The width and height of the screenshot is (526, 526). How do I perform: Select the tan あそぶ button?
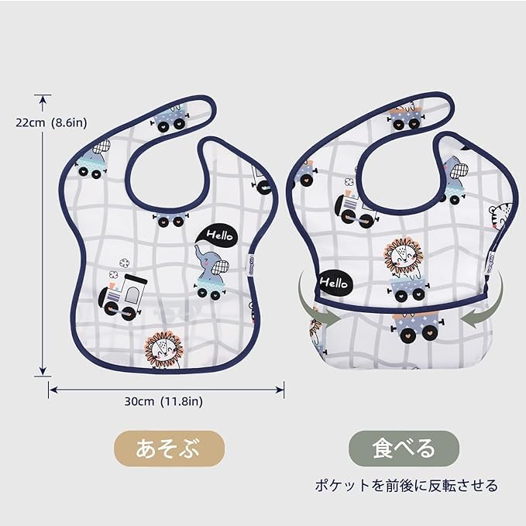[x=169, y=448]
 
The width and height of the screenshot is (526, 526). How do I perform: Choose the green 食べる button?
[x=403, y=448]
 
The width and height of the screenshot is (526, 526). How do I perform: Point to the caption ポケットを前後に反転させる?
[x=406, y=486]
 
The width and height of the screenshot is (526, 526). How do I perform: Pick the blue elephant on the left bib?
[x=210, y=271]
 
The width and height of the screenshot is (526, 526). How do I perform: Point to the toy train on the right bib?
[x=355, y=207]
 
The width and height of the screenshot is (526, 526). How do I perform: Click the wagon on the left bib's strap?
[x=170, y=118]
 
